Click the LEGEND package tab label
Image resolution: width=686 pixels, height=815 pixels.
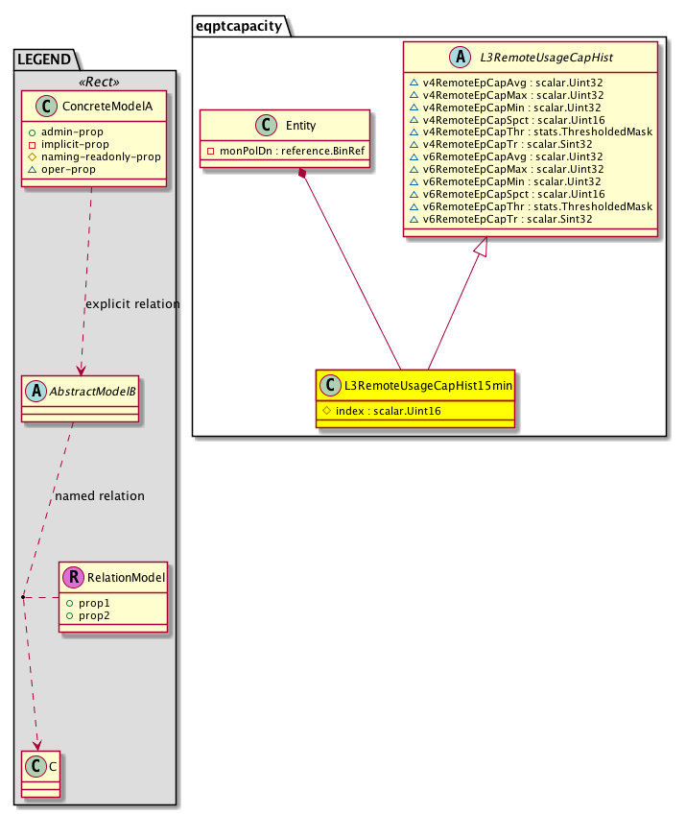44,60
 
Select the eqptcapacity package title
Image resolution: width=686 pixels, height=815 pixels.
238,26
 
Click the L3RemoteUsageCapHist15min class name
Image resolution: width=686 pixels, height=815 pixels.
428,386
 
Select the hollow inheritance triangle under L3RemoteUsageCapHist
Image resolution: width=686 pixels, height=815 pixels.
483,248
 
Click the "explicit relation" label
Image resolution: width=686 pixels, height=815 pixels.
132,304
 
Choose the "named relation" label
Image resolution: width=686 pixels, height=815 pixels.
100,496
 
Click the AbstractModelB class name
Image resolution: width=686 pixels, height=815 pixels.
90,391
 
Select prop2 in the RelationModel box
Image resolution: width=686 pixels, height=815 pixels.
94,614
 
